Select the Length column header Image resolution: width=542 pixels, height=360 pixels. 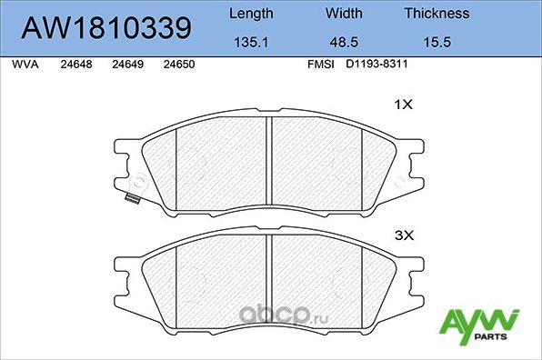(250, 14)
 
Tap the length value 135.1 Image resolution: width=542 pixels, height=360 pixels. (250, 43)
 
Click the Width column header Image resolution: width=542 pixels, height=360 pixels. (344, 14)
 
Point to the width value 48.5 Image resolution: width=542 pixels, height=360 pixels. (344, 43)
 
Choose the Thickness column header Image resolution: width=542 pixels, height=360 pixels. (437, 14)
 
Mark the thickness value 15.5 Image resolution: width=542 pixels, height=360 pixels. (437, 43)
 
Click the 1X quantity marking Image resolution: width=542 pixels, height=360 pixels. (403, 105)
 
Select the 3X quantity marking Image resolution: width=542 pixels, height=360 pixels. (403, 235)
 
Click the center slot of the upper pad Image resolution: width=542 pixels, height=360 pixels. (266, 161)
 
